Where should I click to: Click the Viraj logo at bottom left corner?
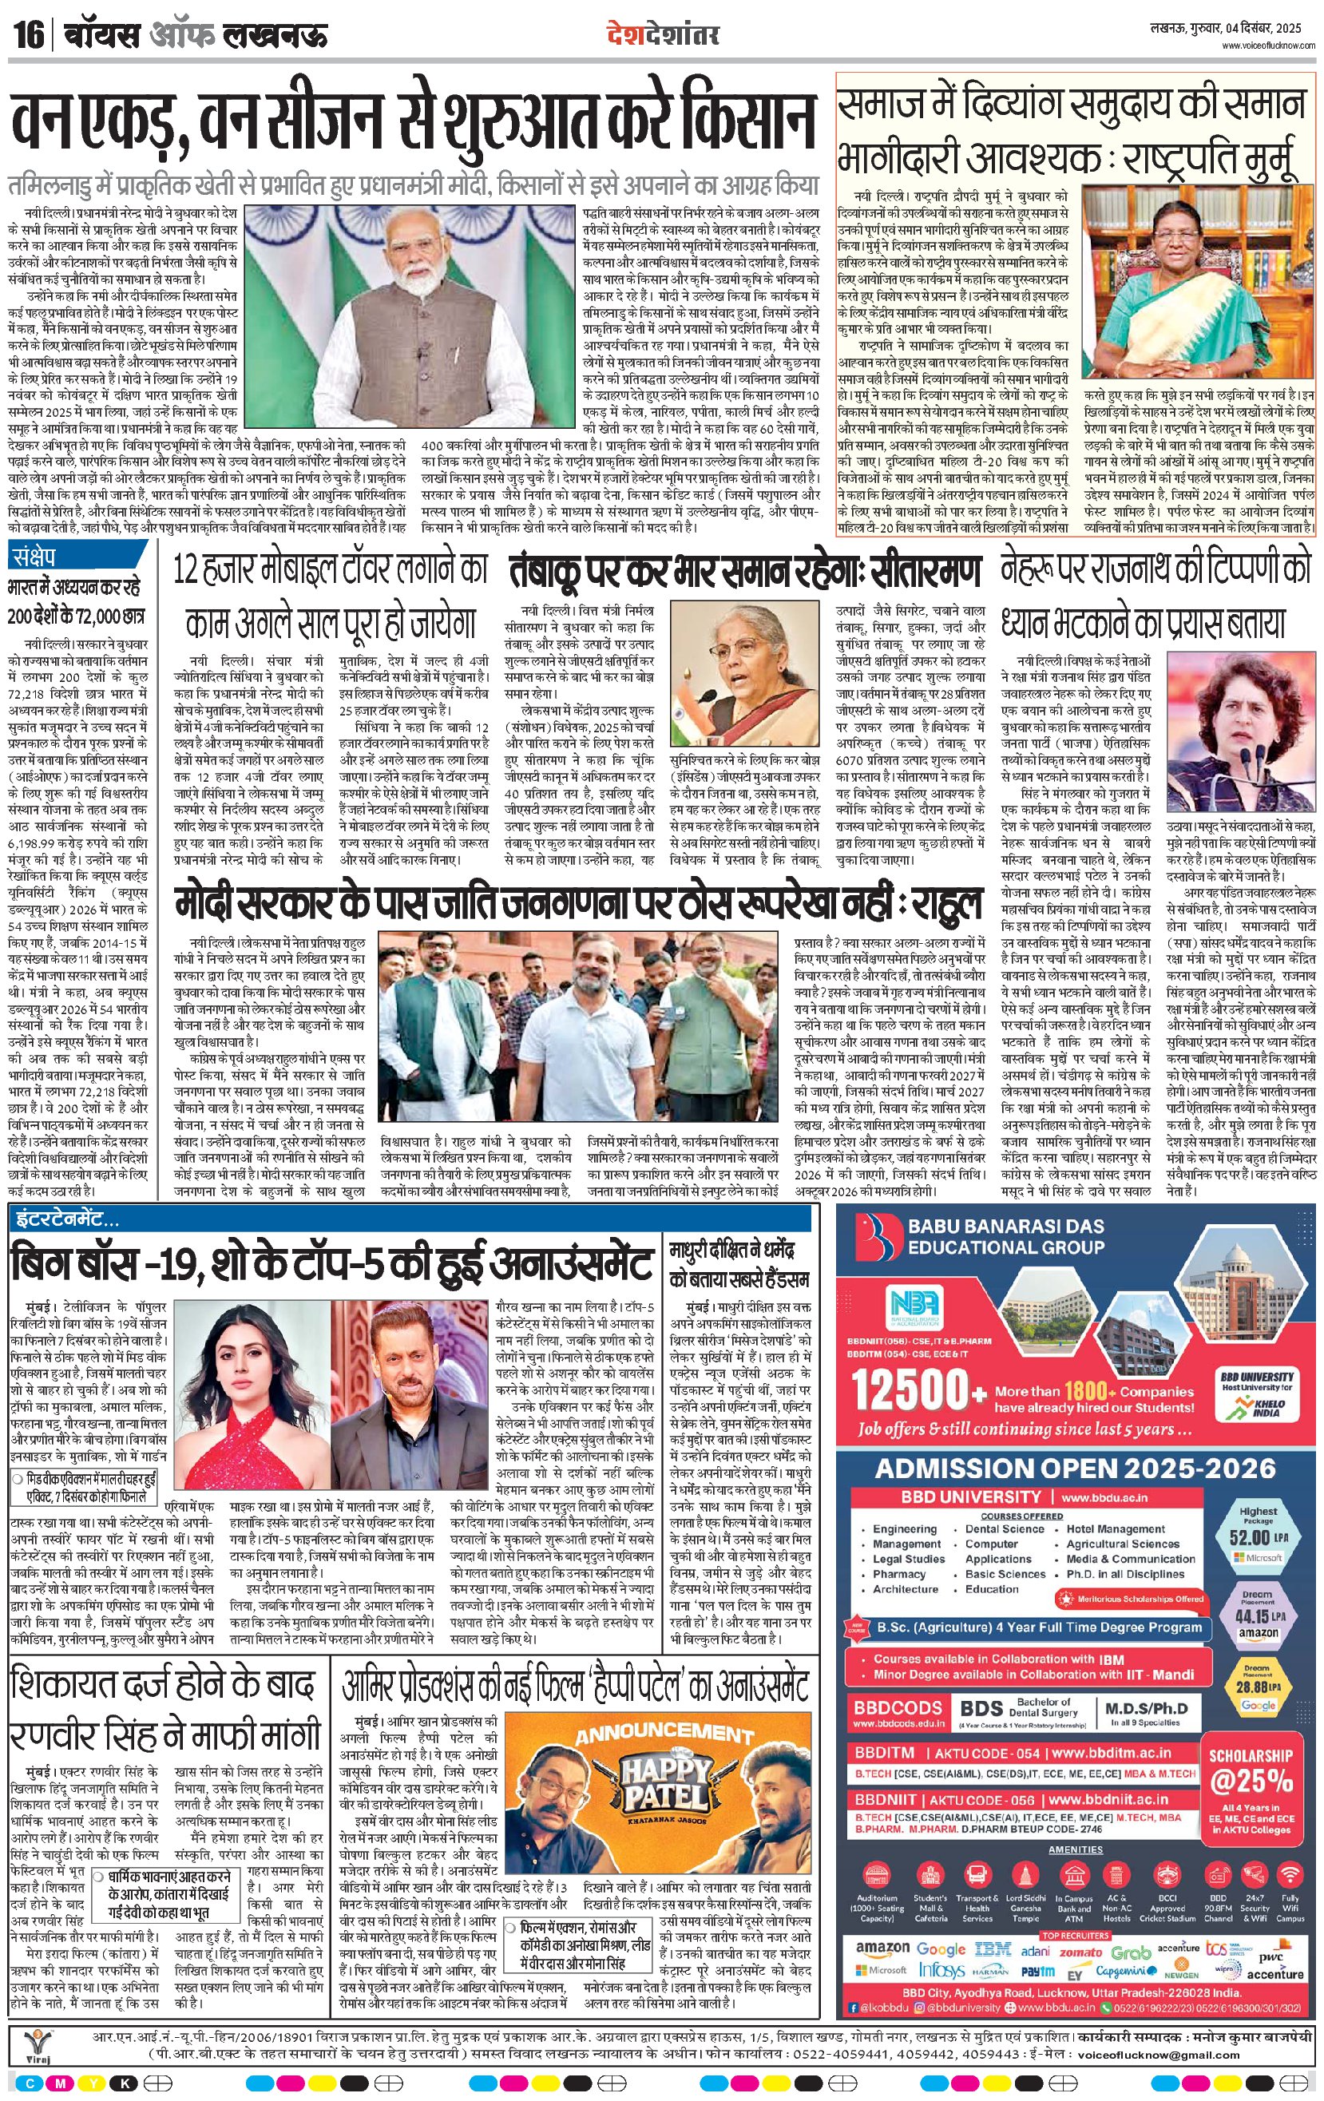(38, 2040)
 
